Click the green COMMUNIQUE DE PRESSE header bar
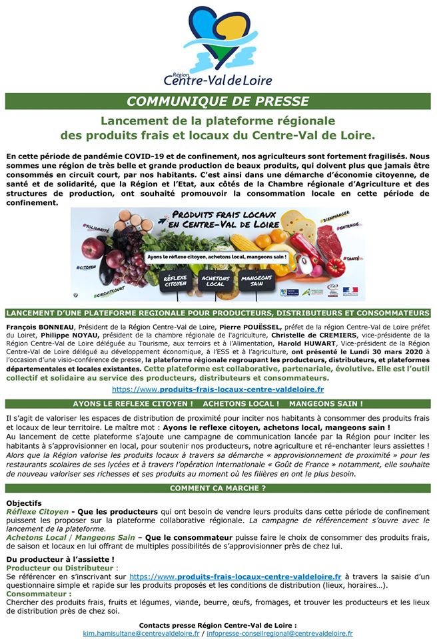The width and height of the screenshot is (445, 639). pos(218,101)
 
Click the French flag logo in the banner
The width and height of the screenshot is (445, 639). pos(350,291)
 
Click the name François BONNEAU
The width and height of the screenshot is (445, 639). pos(40,327)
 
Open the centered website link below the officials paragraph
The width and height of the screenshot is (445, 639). pos(218,389)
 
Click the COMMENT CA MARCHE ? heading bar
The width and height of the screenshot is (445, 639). pos(218,489)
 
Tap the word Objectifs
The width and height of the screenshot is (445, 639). pos(23,503)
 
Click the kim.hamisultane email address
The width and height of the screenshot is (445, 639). pos(141,634)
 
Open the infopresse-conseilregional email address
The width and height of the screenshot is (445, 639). pos(279,634)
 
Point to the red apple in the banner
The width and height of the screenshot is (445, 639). pos(94,248)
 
